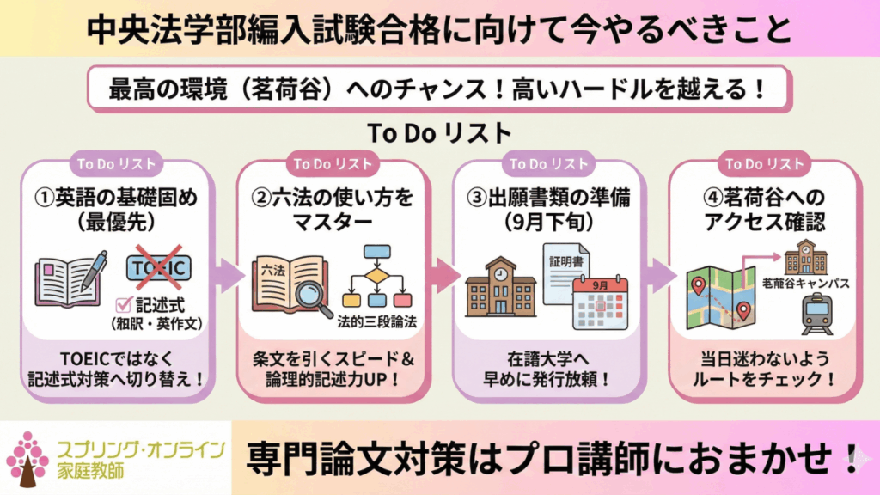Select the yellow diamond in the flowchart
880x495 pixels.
377,275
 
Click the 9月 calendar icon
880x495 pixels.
600,302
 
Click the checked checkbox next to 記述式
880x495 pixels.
121,302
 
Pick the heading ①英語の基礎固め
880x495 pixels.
125,199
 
